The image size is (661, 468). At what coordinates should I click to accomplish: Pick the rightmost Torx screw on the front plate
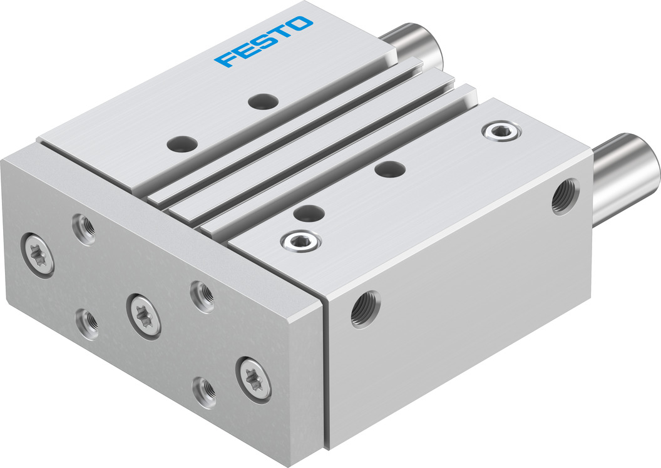click(x=254, y=378)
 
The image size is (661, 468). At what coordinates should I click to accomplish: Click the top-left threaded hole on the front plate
click(x=83, y=229)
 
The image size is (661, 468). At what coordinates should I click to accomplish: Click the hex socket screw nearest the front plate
click(x=300, y=240)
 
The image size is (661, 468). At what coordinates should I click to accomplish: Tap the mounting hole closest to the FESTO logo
click(x=262, y=101)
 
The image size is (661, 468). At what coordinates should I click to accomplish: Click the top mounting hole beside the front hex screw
click(x=307, y=213)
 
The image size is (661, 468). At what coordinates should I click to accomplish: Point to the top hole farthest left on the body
click(x=182, y=144)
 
